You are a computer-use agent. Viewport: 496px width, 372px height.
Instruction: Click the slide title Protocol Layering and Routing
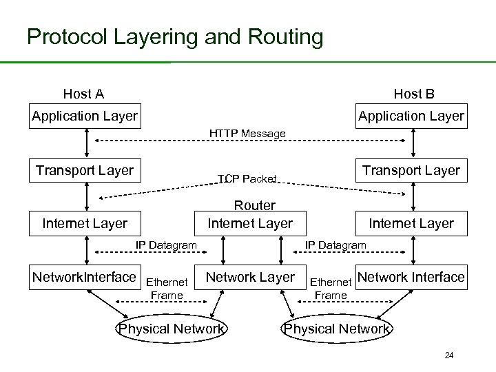(174, 37)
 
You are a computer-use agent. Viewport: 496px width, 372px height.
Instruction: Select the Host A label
(83, 94)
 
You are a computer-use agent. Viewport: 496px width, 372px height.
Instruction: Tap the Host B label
(413, 94)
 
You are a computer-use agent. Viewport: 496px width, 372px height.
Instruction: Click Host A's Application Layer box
(85, 116)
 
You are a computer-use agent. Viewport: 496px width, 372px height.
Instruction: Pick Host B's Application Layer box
(411, 116)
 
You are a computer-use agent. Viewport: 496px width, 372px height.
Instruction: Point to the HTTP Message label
(247, 133)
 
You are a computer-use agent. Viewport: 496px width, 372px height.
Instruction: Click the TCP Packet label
(247, 179)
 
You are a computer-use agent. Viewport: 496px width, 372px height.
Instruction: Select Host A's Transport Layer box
(85, 170)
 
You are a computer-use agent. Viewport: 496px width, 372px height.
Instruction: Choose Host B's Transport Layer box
(411, 170)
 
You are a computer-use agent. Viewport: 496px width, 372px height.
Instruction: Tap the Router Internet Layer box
(249, 215)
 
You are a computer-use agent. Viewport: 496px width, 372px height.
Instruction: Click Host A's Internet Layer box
(85, 223)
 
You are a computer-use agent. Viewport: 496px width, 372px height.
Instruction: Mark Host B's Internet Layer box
(411, 223)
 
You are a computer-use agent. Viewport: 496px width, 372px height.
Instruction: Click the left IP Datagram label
(166, 245)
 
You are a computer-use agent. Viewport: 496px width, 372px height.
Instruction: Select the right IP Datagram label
(335, 245)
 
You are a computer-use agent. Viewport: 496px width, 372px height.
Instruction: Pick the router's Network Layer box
(250, 277)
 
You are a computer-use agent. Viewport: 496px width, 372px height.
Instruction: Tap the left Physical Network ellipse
(172, 329)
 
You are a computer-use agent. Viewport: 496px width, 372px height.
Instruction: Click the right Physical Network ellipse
(337, 329)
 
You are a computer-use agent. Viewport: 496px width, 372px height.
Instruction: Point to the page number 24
(449, 355)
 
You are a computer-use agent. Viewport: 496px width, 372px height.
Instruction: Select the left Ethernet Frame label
(167, 289)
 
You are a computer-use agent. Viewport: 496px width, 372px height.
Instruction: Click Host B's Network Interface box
(411, 277)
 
